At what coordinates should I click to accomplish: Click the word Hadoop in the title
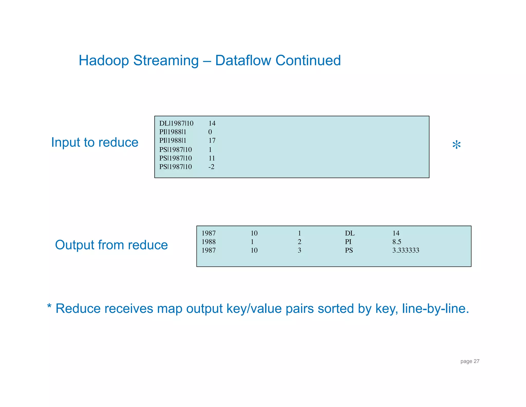coord(104,60)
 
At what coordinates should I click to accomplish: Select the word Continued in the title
coord(308,60)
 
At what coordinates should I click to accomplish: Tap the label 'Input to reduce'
coord(95,142)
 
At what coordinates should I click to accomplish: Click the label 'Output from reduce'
coord(111,245)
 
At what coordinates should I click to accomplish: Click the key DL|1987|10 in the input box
coord(176,123)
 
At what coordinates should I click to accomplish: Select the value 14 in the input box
coord(212,123)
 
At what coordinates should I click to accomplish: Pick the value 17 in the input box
coord(212,140)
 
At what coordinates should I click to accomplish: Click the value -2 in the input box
coord(211,167)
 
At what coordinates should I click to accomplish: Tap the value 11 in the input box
coord(212,158)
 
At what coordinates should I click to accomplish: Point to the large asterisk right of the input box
coord(456,145)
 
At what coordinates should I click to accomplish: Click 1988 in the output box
coord(209,242)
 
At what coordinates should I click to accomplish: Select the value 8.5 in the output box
coord(397,242)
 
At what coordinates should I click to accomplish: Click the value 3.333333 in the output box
coord(406,250)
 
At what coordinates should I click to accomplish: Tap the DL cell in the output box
coord(350,233)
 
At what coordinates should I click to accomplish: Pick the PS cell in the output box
coord(349,250)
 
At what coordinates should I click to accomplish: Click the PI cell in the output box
coord(348,242)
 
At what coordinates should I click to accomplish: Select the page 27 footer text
coord(470,361)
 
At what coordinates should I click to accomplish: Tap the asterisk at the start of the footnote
coord(49,306)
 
